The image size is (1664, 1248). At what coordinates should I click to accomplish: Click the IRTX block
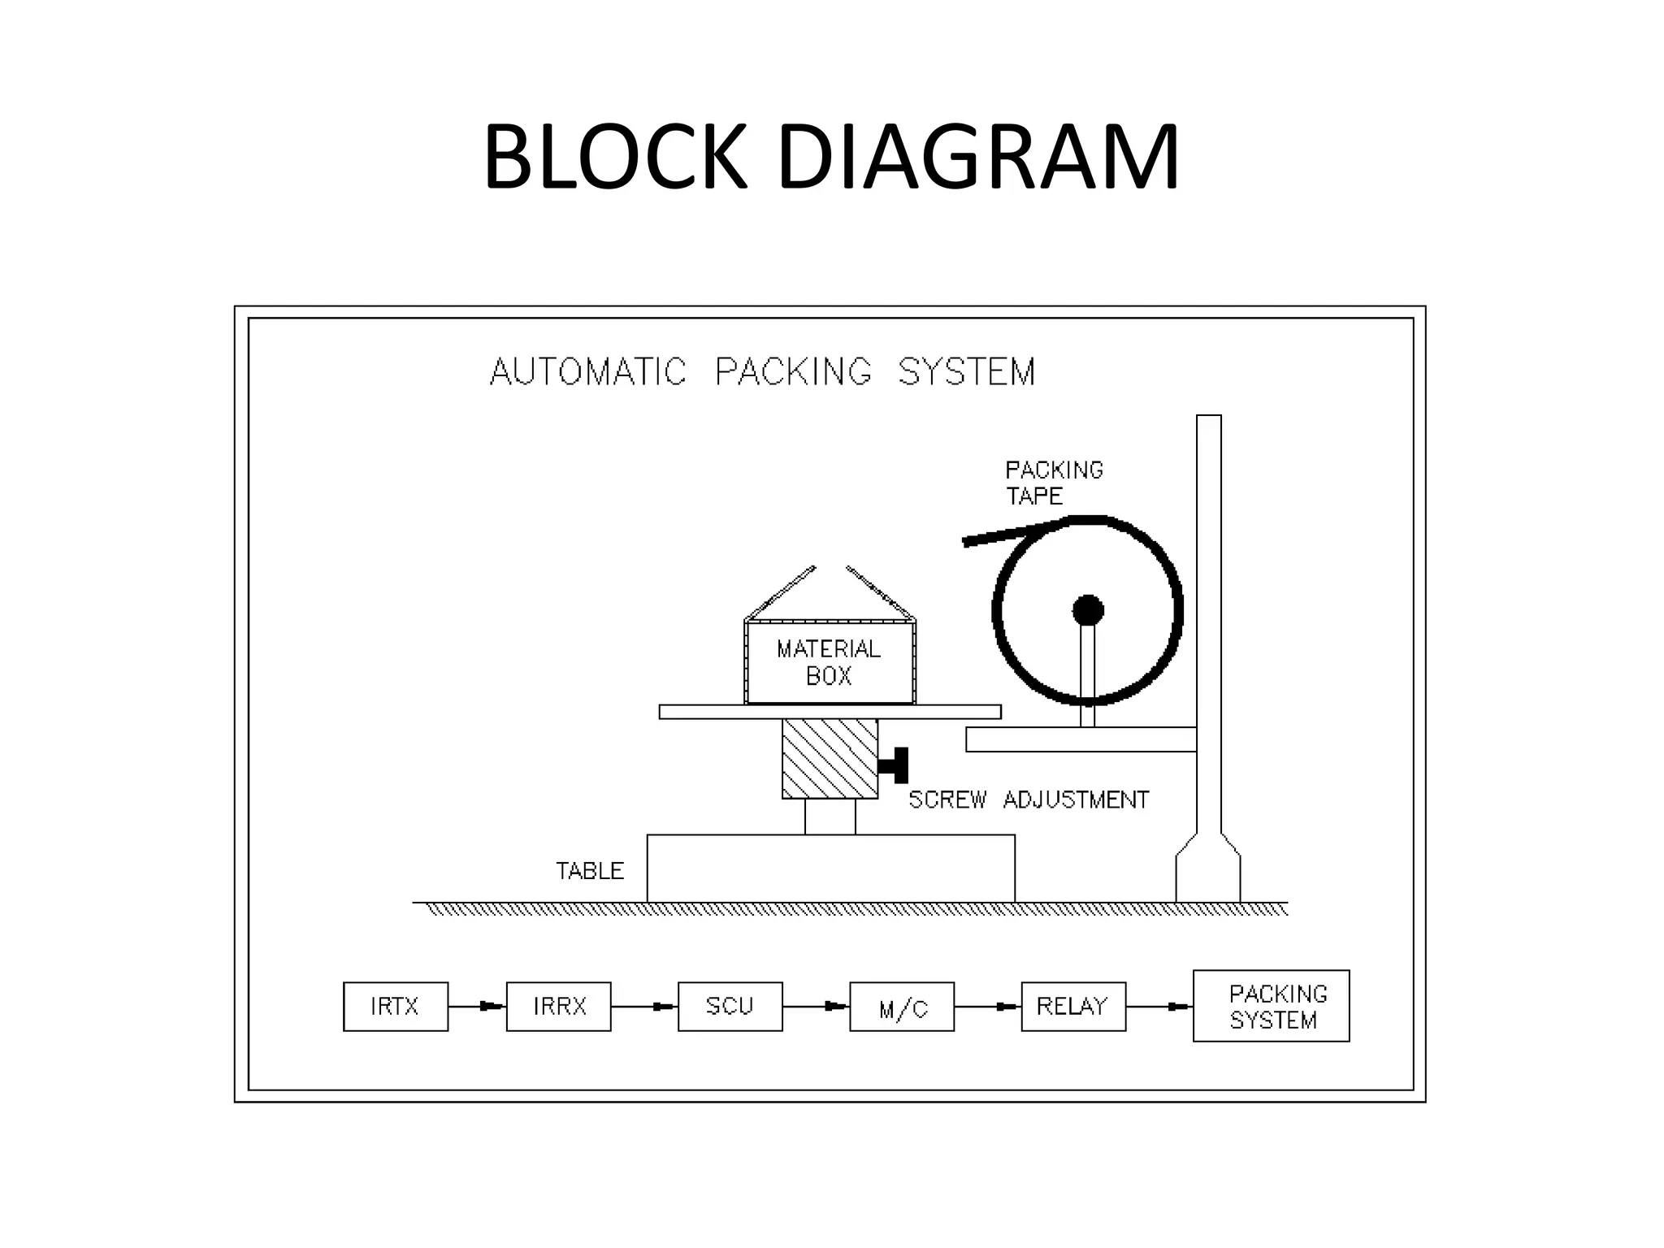396,1007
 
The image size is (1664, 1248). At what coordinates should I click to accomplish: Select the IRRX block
559,1007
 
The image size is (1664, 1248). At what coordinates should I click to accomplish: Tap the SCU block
730,1007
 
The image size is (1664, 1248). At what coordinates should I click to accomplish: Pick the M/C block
902,1007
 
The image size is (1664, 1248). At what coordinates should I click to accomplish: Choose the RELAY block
1073,1007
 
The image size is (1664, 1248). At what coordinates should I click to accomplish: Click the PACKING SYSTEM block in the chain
1271,1006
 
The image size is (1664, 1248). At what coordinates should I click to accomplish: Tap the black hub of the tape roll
1088,610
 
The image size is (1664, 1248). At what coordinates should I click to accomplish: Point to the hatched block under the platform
830,759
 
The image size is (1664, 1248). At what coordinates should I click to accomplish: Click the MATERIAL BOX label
829,662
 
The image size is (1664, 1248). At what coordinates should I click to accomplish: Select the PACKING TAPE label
1053,483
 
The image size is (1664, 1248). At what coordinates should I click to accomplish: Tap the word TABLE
590,871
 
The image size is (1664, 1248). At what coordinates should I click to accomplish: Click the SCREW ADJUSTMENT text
1029,800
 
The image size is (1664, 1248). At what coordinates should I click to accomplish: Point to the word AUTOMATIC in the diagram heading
588,372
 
